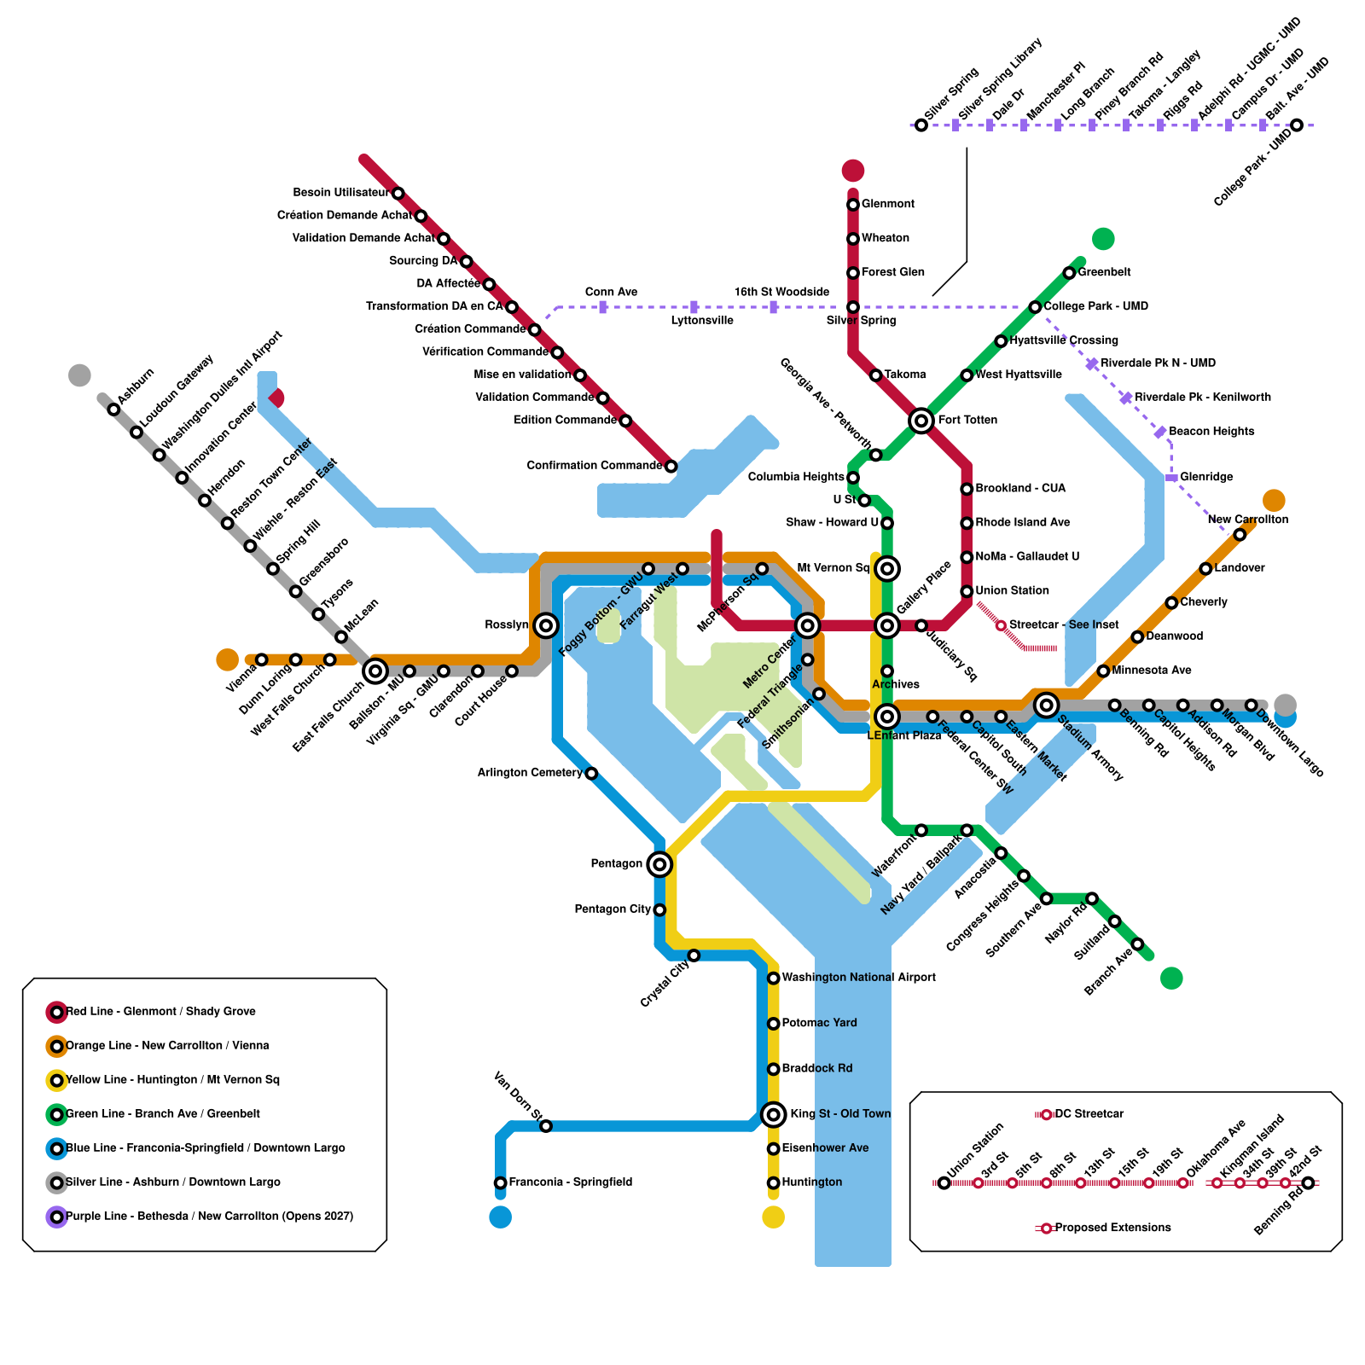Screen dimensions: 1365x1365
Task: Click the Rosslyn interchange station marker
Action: click(546, 625)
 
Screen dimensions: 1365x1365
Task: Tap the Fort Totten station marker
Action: click(921, 421)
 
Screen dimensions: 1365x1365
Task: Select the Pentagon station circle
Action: click(659, 864)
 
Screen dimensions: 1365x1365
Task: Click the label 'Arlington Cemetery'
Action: click(529, 773)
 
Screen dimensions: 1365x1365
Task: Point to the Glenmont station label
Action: click(887, 204)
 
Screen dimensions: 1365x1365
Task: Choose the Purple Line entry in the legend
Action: click(209, 1216)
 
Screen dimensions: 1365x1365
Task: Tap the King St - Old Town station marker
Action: click(773, 1114)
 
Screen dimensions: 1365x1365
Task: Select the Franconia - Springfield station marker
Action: click(501, 1182)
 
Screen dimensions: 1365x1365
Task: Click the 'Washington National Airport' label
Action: click(858, 978)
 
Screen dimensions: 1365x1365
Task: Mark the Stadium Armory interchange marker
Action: click(1046, 705)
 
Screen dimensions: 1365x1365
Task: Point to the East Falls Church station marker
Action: click(375, 671)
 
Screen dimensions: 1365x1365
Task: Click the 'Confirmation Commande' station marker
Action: click(671, 466)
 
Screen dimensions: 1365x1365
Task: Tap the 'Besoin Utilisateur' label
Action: click(340, 193)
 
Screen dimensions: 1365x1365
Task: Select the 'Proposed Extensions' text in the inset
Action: click(1112, 1228)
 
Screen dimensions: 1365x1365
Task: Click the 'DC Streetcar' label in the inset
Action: click(1089, 1114)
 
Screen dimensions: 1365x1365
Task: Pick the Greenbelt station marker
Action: click(1069, 273)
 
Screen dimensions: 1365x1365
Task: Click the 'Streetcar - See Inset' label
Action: click(1063, 625)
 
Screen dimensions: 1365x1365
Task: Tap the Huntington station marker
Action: click(773, 1182)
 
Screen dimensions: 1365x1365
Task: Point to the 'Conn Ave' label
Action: click(611, 293)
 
